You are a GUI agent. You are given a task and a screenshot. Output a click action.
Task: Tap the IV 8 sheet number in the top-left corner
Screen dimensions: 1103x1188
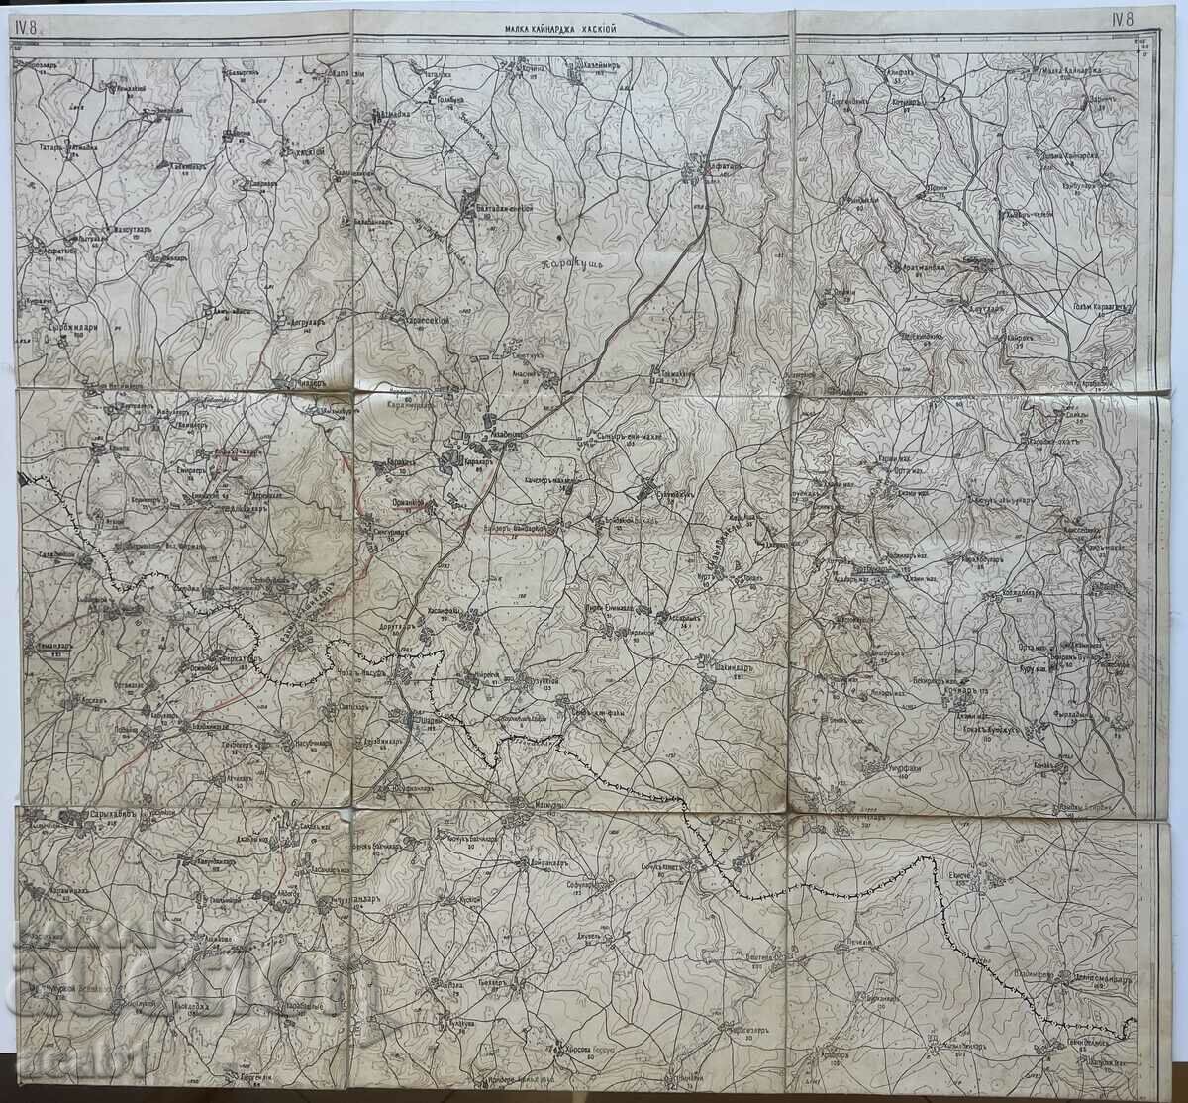point(25,28)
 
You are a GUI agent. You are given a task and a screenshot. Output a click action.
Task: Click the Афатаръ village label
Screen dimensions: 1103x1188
point(710,167)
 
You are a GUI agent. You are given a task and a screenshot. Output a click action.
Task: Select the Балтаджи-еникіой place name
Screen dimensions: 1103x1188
point(500,208)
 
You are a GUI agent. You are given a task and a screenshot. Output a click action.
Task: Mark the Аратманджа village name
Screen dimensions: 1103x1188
point(923,267)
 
